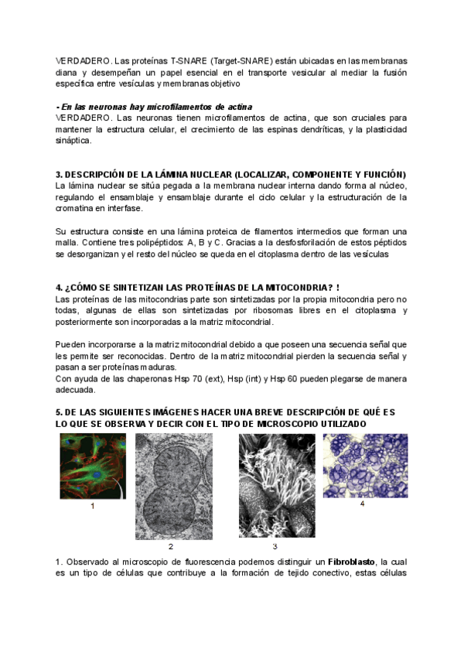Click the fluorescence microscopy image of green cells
92,466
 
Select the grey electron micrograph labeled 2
175,487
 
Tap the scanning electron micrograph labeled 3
274,487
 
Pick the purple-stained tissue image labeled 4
360,465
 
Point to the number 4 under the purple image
362,504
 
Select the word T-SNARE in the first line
189,60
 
